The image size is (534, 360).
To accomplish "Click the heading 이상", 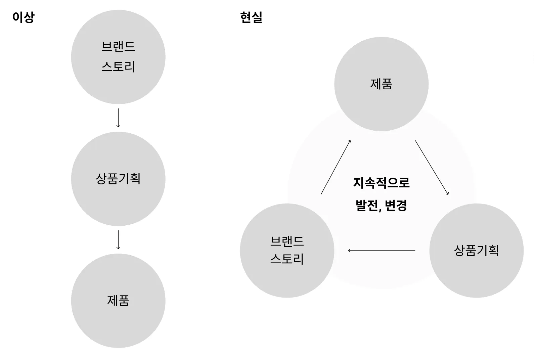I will click(23, 17).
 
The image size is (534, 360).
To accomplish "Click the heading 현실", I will click(251, 17).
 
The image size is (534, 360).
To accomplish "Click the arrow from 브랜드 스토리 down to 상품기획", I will click(118, 118).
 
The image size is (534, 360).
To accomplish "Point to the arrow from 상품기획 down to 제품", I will click(118, 240).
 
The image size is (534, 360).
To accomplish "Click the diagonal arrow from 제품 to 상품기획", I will click(432, 168).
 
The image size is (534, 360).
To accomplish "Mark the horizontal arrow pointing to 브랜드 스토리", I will click(382, 251).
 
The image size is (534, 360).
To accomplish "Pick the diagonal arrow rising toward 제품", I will click(336, 167).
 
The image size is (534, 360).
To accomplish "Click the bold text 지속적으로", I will click(381, 183).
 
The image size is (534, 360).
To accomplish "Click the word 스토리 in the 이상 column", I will click(118, 66).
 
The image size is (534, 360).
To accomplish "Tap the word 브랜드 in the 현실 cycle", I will click(287, 241).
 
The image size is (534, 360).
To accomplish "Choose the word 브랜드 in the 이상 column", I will click(118, 46).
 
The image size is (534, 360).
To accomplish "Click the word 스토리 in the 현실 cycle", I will click(287, 259).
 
